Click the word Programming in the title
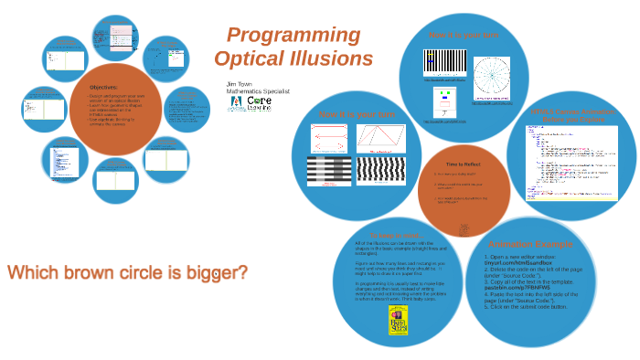pyautogui.click(x=293, y=36)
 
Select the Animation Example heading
pyautogui.click(x=530, y=244)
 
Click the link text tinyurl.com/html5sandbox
pyautogui.click(x=522, y=263)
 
